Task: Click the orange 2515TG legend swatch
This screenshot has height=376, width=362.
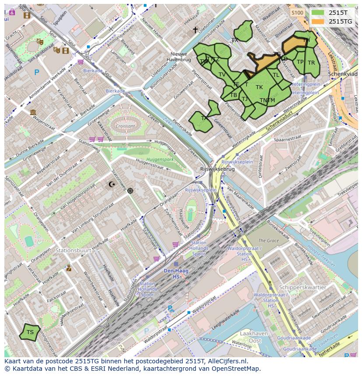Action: click(x=318, y=21)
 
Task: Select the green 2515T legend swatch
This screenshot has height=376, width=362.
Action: click(x=318, y=13)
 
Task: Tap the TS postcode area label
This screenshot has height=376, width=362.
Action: click(x=30, y=332)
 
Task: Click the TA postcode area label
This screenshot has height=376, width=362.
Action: click(x=204, y=118)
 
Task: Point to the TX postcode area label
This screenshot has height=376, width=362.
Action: click(x=235, y=40)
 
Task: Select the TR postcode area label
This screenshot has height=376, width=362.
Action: click(x=311, y=63)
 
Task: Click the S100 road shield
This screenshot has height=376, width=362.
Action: click(x=297, y=13)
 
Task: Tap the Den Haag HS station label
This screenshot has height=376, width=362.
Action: click(x=176, y=274)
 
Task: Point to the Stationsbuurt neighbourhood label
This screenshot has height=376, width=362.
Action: click(x=73, y=251)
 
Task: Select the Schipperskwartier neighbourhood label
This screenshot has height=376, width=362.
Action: click(x=303, y=287)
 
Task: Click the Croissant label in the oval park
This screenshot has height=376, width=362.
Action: click(x=125, y=126)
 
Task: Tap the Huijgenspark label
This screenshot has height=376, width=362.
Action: click(x=160, y=159)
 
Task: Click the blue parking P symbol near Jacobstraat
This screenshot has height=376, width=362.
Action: click(x=37, y=72)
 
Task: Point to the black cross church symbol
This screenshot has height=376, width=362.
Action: click(x=195, y=30)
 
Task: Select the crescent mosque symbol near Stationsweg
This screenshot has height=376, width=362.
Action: click(x=112, y=184)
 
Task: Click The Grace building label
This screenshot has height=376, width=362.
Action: click(x=268, y=241)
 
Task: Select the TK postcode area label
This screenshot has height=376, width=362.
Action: click(x=259, y=87)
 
